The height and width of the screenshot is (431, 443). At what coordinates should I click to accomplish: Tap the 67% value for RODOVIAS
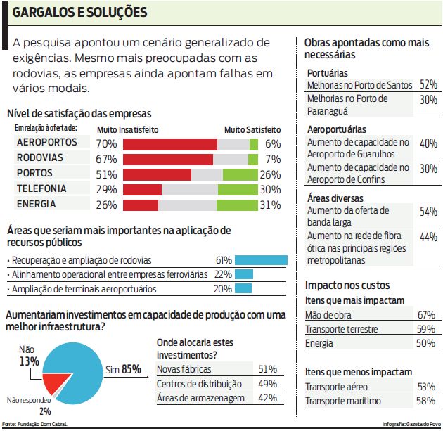pyautogui.click(x=105, y=158)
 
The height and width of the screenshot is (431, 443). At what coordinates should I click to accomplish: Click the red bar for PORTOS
pyautogui.click(x=157, y=174)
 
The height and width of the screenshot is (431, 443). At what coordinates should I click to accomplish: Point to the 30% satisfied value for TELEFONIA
pyautogui.click(x=270, y=189)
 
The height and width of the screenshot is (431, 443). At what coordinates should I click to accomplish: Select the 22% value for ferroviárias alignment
pyautogui.click(x=223, y=274)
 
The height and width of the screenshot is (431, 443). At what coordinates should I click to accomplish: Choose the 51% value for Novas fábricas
pyautogui.click(x=267, y=369)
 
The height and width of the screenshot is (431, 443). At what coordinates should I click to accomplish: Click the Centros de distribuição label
pyautogui.click(x=199, y=384)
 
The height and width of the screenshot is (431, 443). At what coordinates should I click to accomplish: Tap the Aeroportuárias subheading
pyautogui.click(x=337, y=129)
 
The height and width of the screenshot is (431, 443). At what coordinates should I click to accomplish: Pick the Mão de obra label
pyautogui.click(x=328, y=314)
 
